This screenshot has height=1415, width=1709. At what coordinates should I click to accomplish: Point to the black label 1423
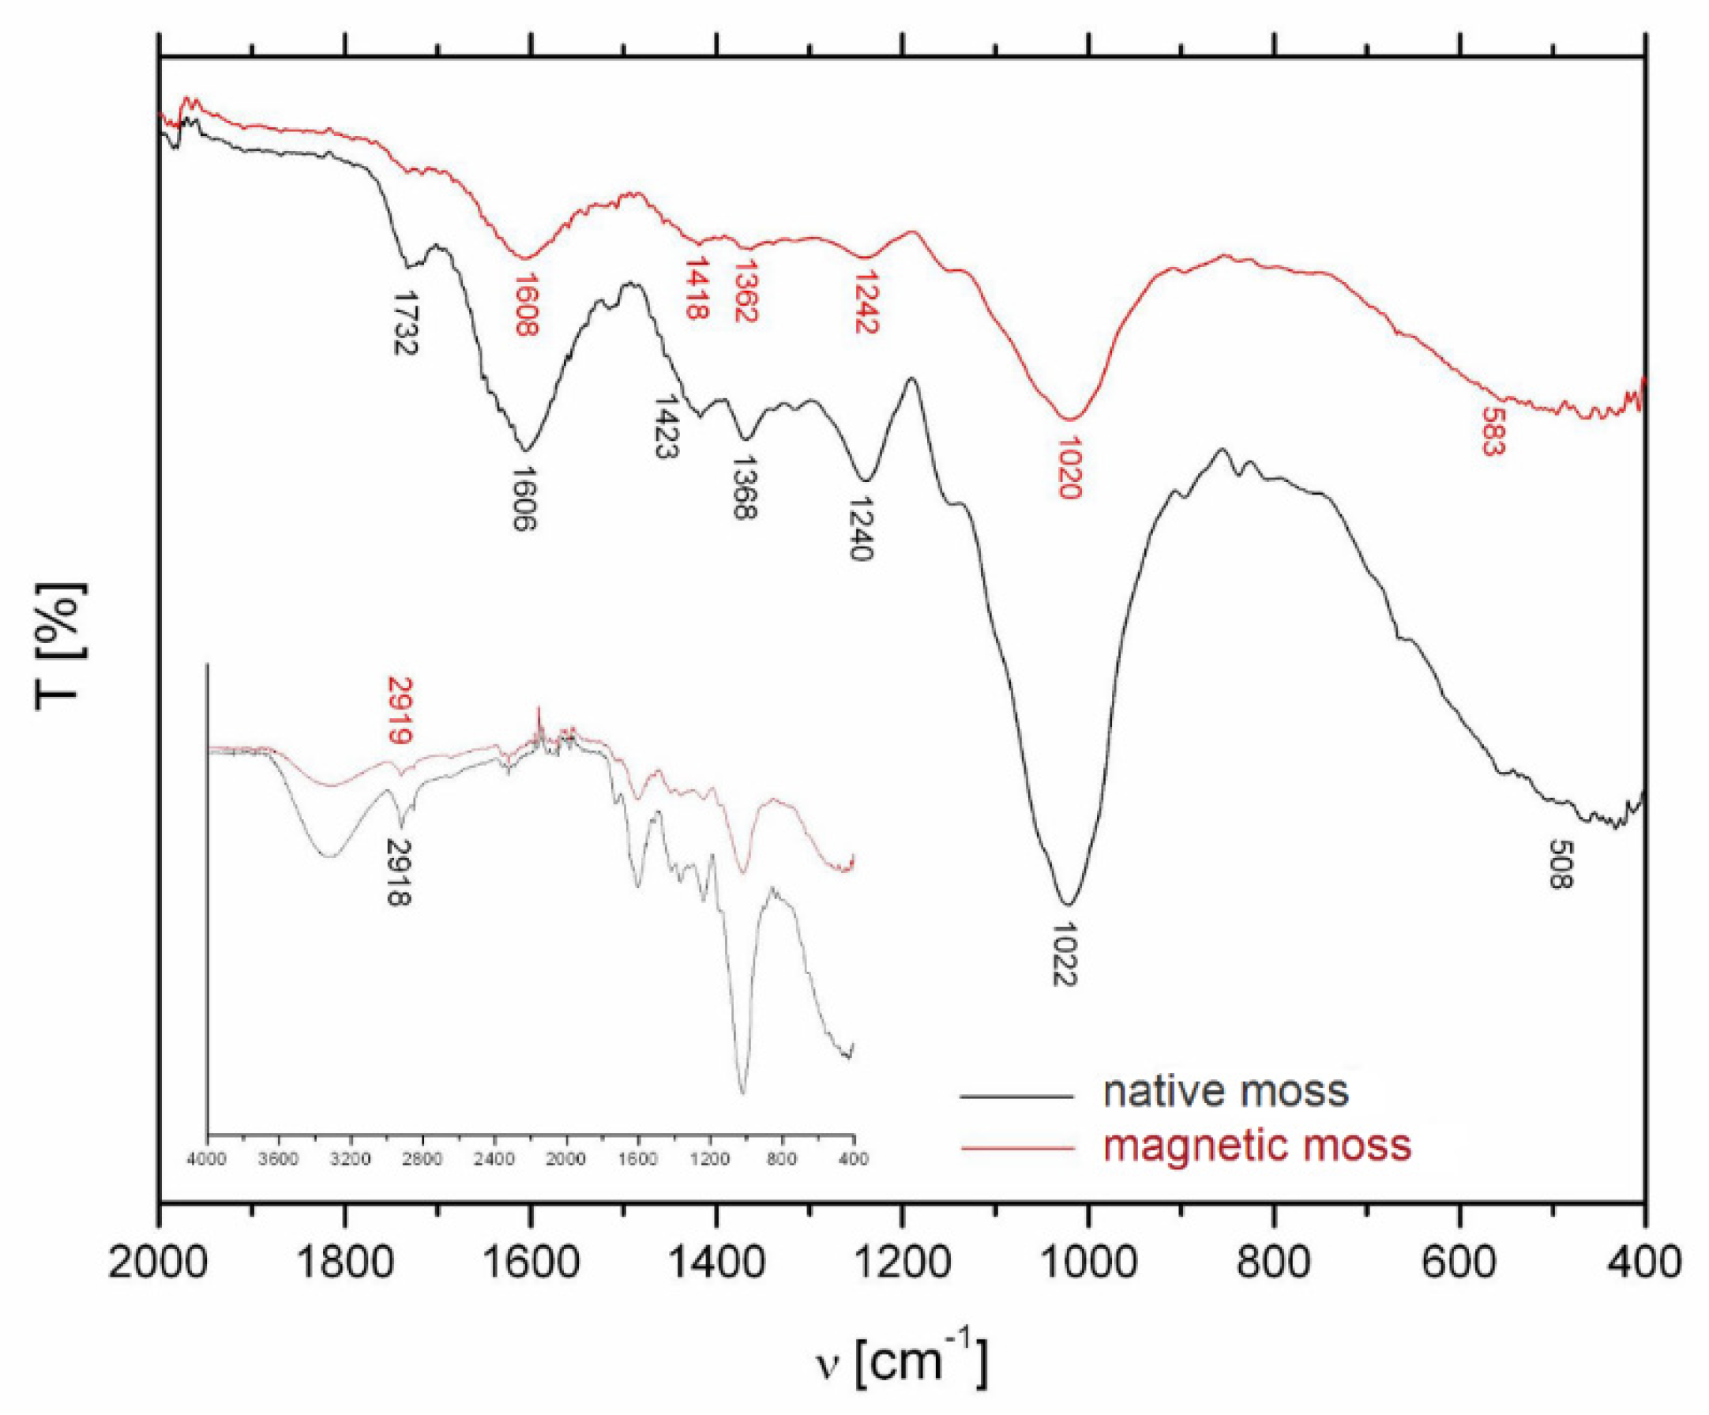coord(667,427)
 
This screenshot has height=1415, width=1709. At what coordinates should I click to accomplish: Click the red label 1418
coord(697,289)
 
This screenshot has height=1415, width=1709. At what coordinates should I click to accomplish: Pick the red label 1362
coord(746,291)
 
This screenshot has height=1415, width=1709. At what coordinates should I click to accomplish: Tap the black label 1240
coord(861,530)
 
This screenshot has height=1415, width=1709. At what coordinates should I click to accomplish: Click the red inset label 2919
coord(399,710)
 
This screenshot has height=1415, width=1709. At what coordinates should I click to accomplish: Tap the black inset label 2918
coord(399,872)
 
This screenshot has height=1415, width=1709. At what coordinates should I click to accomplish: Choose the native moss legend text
coord(1226,1091)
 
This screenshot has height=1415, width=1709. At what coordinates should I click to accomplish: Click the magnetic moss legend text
coord(1257,1145)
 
